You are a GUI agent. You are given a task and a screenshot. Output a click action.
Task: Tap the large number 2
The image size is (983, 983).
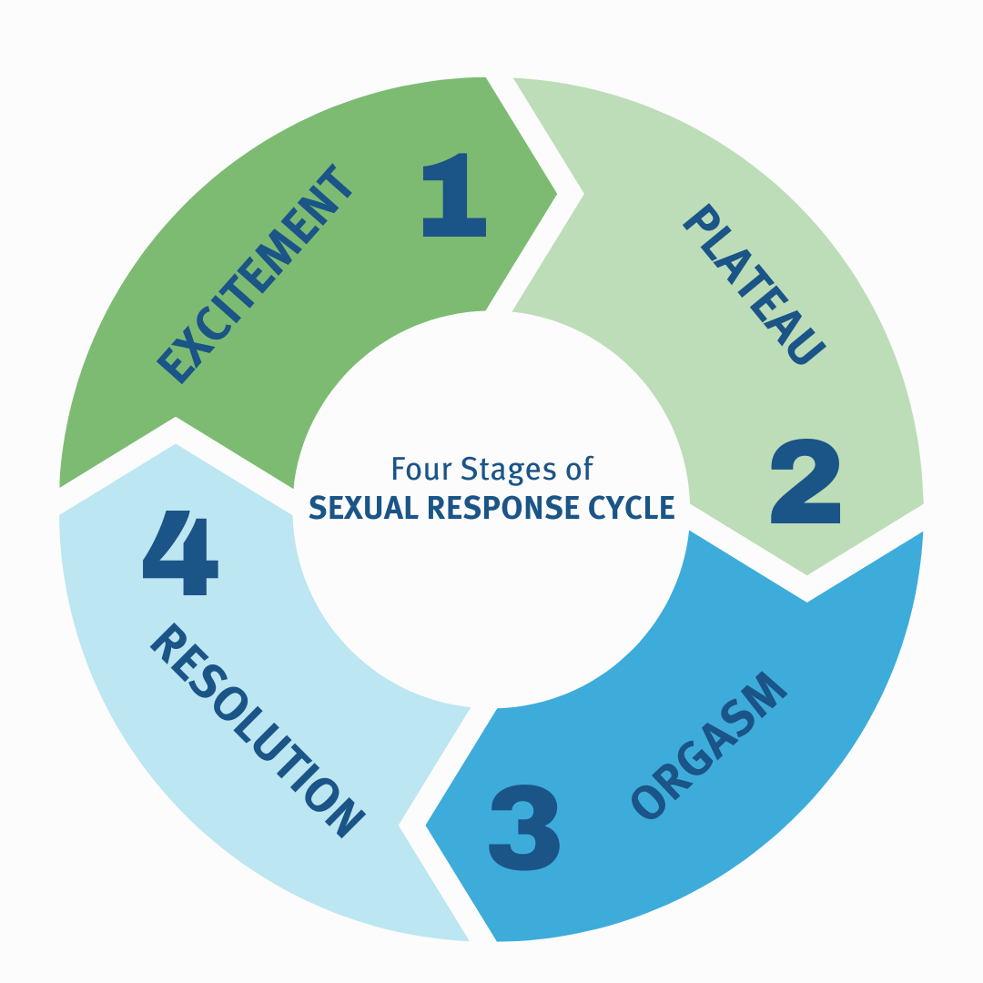(806, 482)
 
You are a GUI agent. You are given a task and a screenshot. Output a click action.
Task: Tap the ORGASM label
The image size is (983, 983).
(707, 747)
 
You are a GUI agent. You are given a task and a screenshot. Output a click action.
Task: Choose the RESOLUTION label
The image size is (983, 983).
(256, 729)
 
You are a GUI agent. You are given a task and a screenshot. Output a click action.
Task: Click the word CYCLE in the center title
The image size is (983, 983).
(636, 507)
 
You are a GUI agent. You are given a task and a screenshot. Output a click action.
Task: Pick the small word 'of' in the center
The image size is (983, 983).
(579, 469)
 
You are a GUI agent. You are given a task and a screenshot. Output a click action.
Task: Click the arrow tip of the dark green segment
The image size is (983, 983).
(556, 193)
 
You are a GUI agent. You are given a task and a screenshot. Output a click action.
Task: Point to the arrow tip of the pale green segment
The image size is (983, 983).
(806, 574)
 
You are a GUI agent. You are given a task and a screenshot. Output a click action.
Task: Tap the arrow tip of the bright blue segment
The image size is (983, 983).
(426, 826)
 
